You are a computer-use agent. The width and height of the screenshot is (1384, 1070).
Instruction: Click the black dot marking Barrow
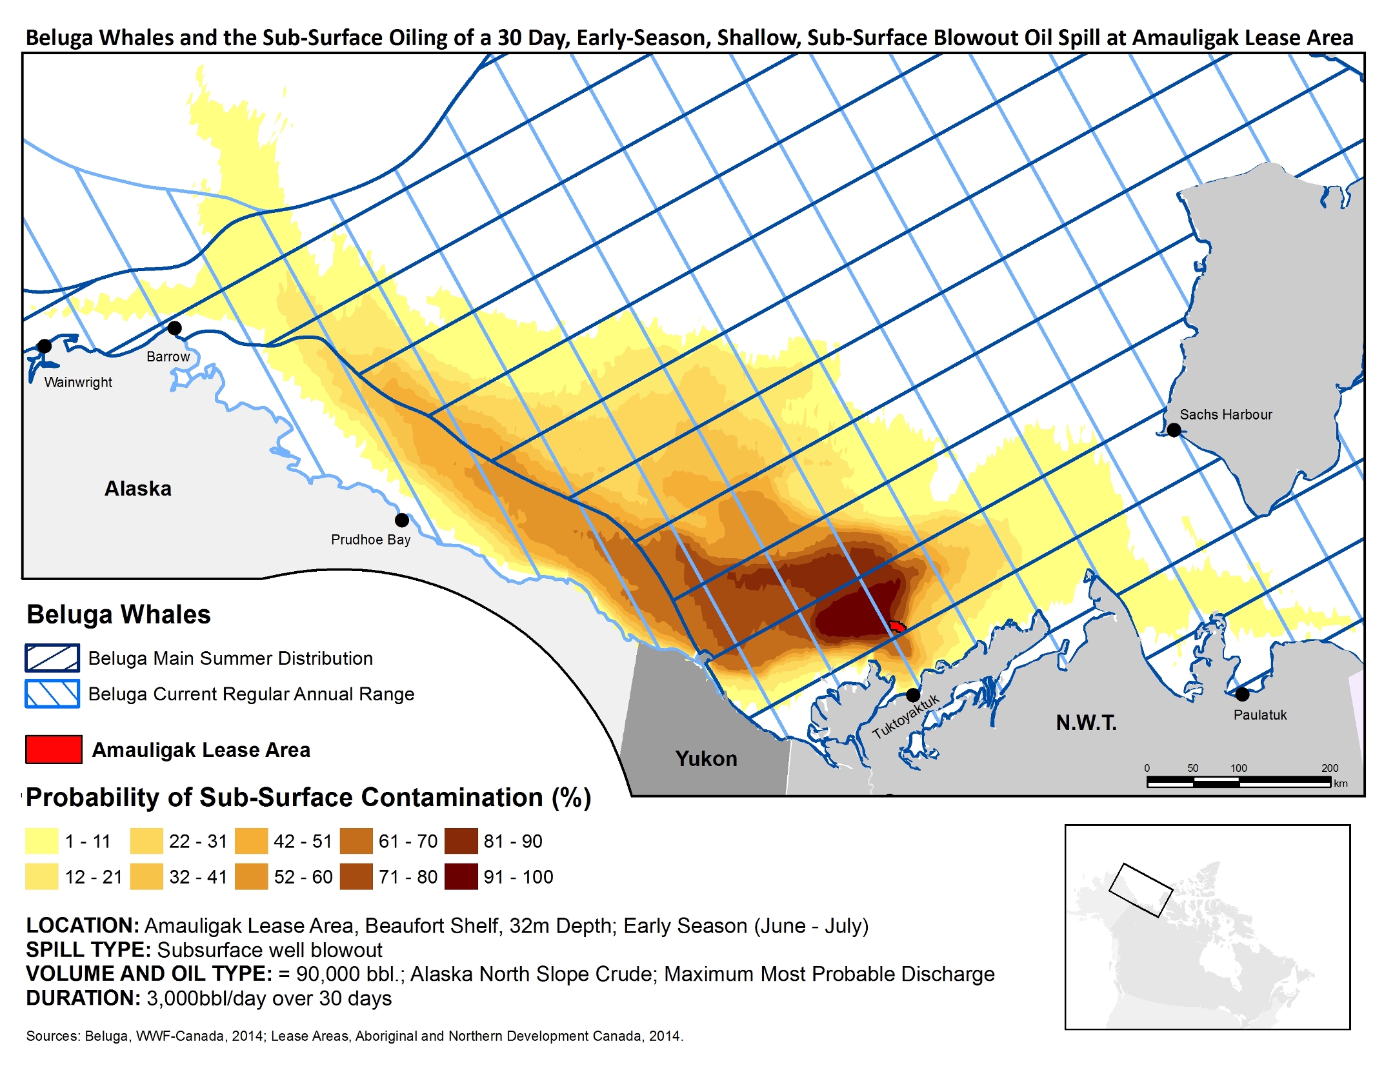[x=174, y=328]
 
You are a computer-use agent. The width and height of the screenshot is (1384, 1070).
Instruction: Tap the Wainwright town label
[x=78, y=382]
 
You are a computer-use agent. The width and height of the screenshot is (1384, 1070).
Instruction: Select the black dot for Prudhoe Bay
[x=402, y=520]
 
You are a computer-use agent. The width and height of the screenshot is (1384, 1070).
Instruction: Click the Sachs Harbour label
[x=1225, y=414]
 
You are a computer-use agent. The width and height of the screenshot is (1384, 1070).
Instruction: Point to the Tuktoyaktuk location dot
[x=912, y=695]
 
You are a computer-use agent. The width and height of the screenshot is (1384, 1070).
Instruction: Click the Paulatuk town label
[x=1259, y=715]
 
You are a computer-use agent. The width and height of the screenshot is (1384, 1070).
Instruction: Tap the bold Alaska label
[x=138, y=489]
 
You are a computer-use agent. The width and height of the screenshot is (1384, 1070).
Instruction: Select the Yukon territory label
[x=706, y=758]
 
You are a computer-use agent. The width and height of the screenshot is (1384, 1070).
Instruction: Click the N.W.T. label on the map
[x=1086, y=722]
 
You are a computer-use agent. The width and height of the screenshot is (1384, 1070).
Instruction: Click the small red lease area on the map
[x=896, y=626]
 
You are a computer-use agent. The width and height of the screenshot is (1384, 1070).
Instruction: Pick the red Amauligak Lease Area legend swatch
[x=54, y=749]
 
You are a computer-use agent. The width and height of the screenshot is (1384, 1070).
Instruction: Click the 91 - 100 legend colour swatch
[x=461, y=876]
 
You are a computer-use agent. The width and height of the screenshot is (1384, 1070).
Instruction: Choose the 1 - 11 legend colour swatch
[x=42, y=841]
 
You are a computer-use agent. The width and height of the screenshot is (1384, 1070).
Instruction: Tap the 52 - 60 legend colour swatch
[x=252, y=876]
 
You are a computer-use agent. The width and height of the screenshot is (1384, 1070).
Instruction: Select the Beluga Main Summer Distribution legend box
[x=52, y=658]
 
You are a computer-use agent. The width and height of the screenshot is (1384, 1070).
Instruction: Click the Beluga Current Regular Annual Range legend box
[x=52, y=694]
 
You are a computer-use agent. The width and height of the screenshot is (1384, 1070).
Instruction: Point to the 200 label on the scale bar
[x=1329, y=768]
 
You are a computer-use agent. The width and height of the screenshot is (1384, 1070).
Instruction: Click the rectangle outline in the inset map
[x=1140, y=890]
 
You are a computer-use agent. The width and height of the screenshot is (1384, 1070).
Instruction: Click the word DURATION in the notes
[x=83, y=998]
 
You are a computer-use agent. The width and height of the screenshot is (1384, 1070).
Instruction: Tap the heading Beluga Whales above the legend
[x=119, y=614]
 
